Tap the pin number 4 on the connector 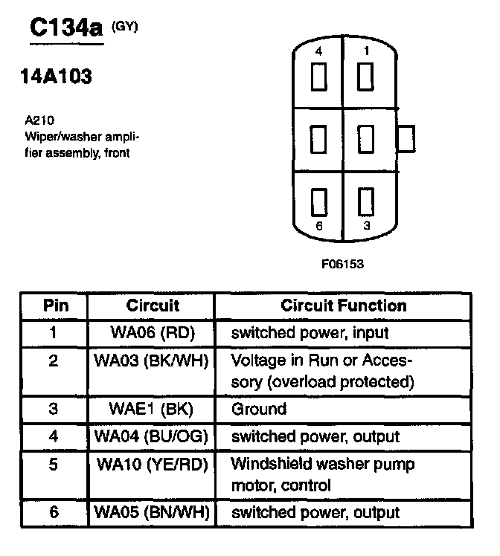(x=318, y=53)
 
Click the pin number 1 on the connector (x=365, y=53)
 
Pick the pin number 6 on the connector (x=318, y=226)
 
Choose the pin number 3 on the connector (x=365, y=226)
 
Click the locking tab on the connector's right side (x=407, y=138)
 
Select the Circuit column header (x=153, y=306)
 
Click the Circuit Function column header (x=343, y=306)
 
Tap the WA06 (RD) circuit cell (x=151, y=332)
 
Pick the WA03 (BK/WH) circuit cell (x=151, y=361)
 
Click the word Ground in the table (x=259, y=409)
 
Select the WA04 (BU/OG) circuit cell (x=151, y=436)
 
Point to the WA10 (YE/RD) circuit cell (x=151, y=465)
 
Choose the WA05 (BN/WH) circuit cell (x=151, y=512)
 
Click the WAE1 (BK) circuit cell (x=151, y=409)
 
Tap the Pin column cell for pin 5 (x=54, y=465)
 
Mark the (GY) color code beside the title (x=124, y=28)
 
